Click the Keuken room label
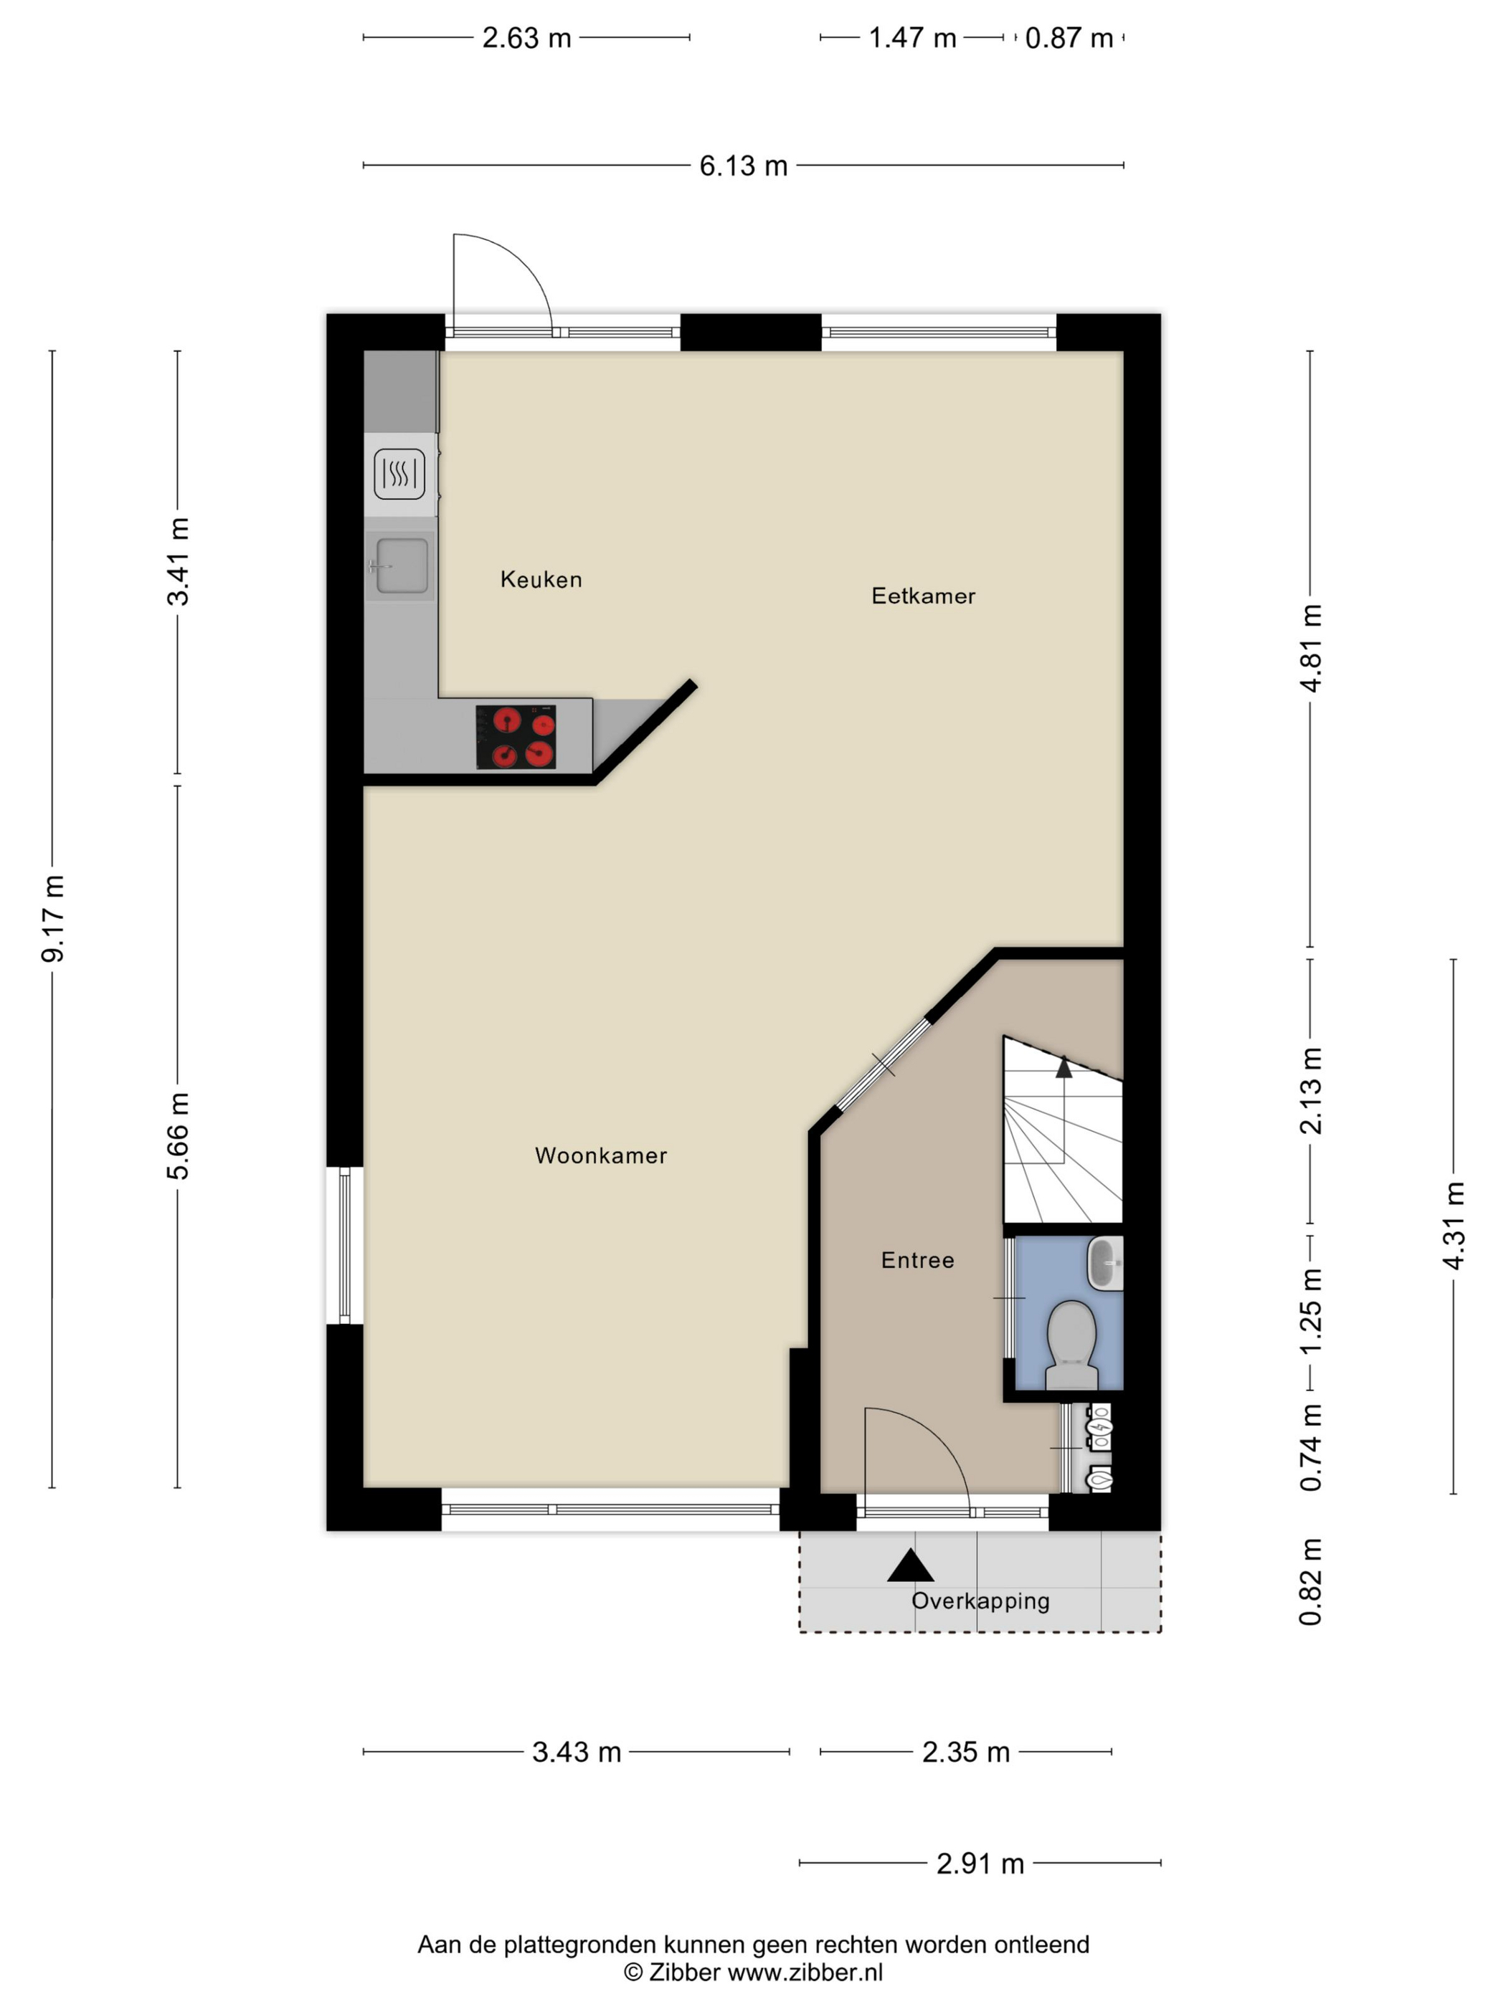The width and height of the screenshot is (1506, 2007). point(540,579)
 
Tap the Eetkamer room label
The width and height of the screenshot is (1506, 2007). point(923,596)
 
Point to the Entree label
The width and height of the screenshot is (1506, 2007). point(918,1260)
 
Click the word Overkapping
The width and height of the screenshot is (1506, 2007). point(980,1601)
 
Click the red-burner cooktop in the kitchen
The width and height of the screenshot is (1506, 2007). point(516,737)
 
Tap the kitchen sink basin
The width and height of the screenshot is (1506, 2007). point(401,566)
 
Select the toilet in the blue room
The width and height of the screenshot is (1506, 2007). point(1072,1345)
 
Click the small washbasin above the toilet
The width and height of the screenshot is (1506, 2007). point(1105,1262)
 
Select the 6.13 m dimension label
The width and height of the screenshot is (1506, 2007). point(744,166)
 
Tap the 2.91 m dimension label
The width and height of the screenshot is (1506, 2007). point(980,1864)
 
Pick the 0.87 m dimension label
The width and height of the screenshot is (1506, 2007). point(1069,38)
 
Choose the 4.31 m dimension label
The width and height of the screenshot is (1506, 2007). point(1454,1226)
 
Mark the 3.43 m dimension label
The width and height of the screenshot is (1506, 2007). point(577,1752)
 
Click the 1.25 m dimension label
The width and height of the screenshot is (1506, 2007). point(1311,1311)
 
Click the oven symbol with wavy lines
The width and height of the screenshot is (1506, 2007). point(399,474)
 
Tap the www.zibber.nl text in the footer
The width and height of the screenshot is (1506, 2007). point(805,1972)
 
